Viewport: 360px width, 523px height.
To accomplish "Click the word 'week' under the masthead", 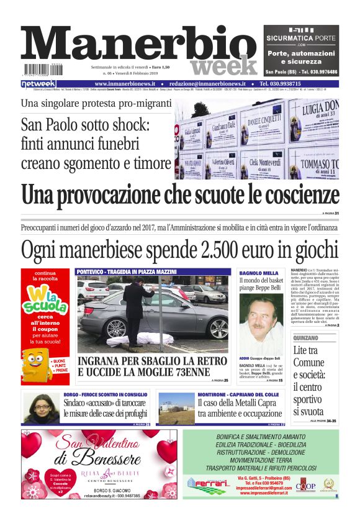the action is coord(223,65).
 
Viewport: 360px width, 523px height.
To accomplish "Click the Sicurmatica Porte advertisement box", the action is coord(301,50).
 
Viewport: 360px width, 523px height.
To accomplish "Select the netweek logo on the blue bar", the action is coord(39,83).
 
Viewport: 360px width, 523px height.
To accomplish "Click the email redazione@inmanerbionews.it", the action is coord(207,83).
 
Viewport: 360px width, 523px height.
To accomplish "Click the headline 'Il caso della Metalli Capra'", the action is coord(240,403).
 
